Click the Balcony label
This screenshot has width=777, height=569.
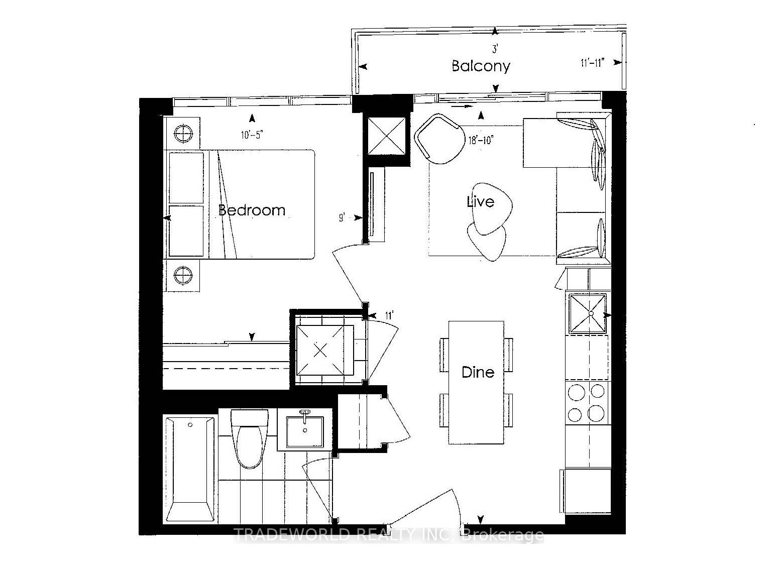(x=481, y=66)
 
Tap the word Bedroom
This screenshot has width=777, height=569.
(x=252, y=210)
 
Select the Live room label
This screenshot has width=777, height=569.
(x=481, y=201)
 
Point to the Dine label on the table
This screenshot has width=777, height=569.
(x=478, y=372)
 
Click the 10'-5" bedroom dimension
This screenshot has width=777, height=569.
(x=252, y=135)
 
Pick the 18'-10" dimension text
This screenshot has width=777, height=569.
(x=481, y=140)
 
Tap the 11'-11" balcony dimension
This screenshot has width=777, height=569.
(x=593, y=63)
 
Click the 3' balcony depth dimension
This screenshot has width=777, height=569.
(x=495, y=49)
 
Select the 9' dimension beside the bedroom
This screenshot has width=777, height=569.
(x=342, y=218)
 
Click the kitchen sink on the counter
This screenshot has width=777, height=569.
(x=588, y=313)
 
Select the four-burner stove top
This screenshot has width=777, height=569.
(x=588, y=403)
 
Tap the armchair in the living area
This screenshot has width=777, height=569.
(x=440, y=139)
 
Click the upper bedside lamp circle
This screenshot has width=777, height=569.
(x=183, y=133)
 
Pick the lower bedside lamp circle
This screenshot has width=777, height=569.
(x=183, y=276)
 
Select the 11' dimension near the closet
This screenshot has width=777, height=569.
(x=389, y=315)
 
